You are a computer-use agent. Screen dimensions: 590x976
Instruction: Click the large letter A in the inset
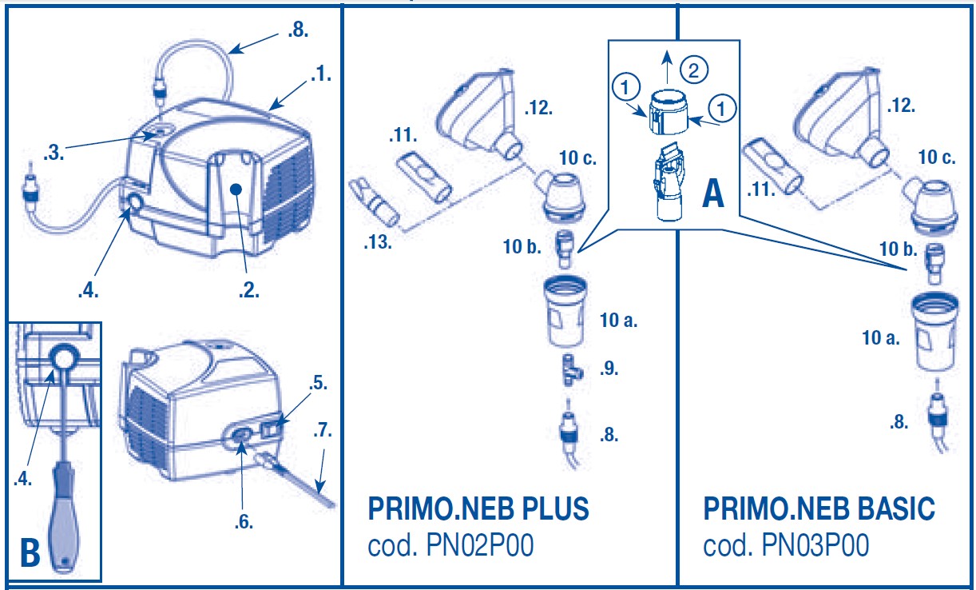point(712,193)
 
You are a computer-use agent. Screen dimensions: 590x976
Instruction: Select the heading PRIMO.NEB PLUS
point(478,509)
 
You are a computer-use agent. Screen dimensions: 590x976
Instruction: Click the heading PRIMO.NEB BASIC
point(819,509)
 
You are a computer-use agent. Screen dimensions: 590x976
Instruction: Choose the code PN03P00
point(786,546)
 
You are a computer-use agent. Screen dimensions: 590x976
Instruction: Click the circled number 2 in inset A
point(695,70)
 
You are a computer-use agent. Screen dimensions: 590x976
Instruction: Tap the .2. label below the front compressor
point(250,291)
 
